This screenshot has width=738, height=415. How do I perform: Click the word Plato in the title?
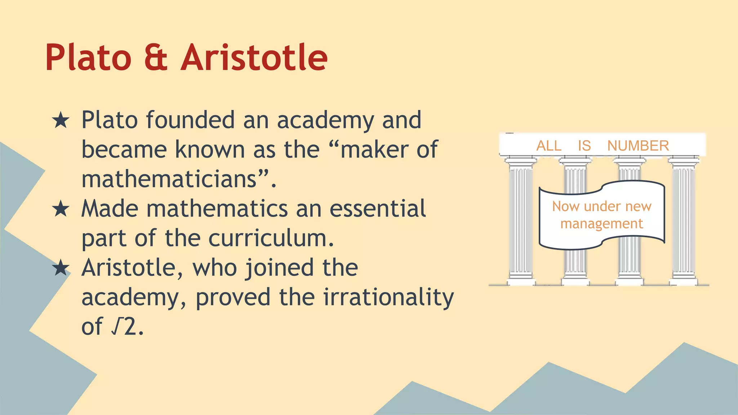88,58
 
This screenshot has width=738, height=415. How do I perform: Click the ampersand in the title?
156,58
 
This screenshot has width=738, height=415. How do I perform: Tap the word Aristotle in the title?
254,58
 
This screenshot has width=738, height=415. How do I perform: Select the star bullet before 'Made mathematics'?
61,209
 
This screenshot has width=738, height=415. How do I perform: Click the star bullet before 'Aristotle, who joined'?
61,268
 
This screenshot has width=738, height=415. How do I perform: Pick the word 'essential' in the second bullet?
377,209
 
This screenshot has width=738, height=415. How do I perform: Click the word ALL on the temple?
549,146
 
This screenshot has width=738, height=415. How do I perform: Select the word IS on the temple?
584,146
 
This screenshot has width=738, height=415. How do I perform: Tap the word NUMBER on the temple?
638,146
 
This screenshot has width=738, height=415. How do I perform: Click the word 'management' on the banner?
601,224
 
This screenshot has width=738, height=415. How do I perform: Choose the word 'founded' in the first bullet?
190,120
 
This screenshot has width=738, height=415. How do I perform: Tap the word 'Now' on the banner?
565,206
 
